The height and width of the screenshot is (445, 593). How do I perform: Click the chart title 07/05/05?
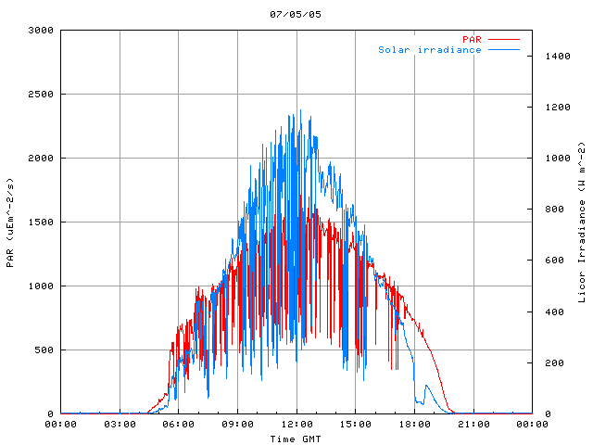click(296, 14)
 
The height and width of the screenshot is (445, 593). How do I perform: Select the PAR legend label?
click(472, 39)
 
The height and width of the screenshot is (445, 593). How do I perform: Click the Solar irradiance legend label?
click(429, 50)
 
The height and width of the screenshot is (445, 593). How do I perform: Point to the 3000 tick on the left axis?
click(40, 31)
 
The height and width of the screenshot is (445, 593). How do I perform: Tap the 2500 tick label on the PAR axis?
click(40, 95)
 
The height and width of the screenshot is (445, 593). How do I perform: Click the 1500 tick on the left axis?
click(40, 222)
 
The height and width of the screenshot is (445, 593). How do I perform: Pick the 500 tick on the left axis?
click(43, 350)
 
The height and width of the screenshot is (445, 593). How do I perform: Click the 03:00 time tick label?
click(120, 425)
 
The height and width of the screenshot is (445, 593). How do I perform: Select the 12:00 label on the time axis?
click(296, 425)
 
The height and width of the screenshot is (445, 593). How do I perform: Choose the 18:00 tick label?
click(414, 425)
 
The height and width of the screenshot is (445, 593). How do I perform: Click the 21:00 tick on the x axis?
click(473, 425)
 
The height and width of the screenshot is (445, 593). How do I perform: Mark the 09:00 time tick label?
click(237, 425)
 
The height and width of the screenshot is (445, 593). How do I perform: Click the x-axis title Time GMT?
click(296, 439)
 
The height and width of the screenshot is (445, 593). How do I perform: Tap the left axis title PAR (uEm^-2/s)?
click(10, 222)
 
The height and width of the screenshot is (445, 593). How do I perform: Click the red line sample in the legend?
click(504, 39)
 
